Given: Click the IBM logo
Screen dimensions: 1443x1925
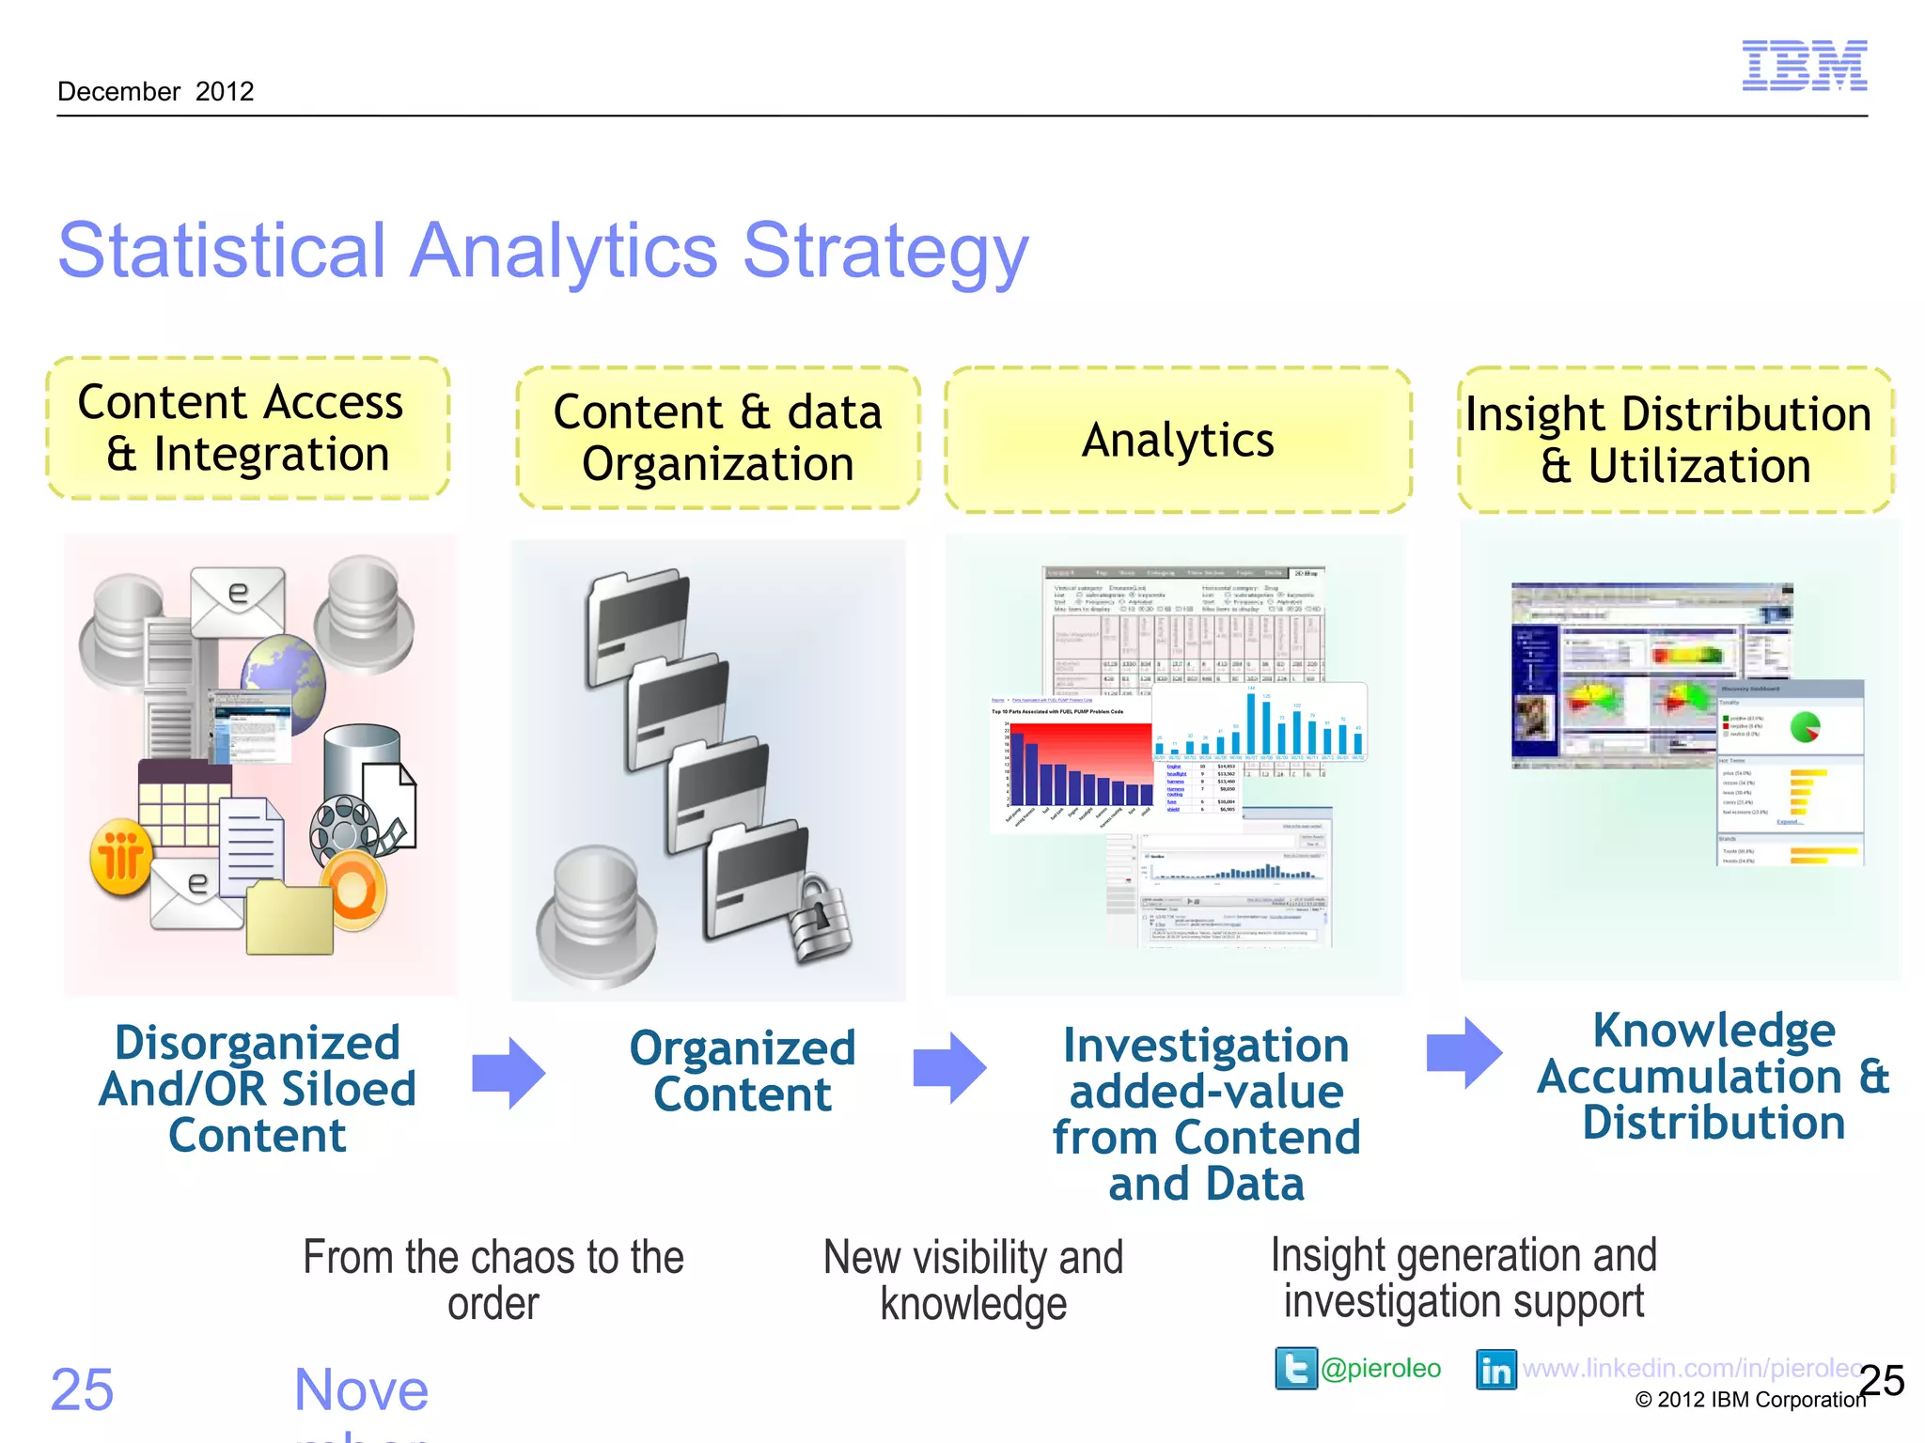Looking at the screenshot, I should tap(1804, 66).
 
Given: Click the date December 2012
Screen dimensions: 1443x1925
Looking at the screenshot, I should tap(155, 92).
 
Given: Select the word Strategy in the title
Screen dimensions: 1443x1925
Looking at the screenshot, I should tap(885, 252).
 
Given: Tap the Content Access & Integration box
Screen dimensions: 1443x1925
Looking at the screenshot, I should tap(248, 428).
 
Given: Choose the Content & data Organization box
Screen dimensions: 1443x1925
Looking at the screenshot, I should tap(717, 438).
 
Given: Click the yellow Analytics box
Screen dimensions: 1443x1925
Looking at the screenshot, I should tap(1178, 440).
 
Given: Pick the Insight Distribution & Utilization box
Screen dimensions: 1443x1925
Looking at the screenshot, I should tap(1675, 440).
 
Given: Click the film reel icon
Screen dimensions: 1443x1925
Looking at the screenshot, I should tap(344, 828).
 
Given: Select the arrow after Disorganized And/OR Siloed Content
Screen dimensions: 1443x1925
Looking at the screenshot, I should tap(509, 1073).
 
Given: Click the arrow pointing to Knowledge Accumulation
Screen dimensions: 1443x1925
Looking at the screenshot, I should tap(1463, 1052).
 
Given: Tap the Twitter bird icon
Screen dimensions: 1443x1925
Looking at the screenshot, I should tap(1295, 1368).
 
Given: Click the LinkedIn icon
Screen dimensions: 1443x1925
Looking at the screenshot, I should tap(1495, 1370).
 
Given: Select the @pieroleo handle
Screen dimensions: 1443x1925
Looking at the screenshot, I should tap(1380, 1369).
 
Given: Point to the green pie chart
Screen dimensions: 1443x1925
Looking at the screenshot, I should tap(1805, 726).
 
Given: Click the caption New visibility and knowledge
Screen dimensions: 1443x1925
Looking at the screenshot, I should tap(973, 1280).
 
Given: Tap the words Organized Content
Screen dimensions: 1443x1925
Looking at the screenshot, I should tap(742, 1071).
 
